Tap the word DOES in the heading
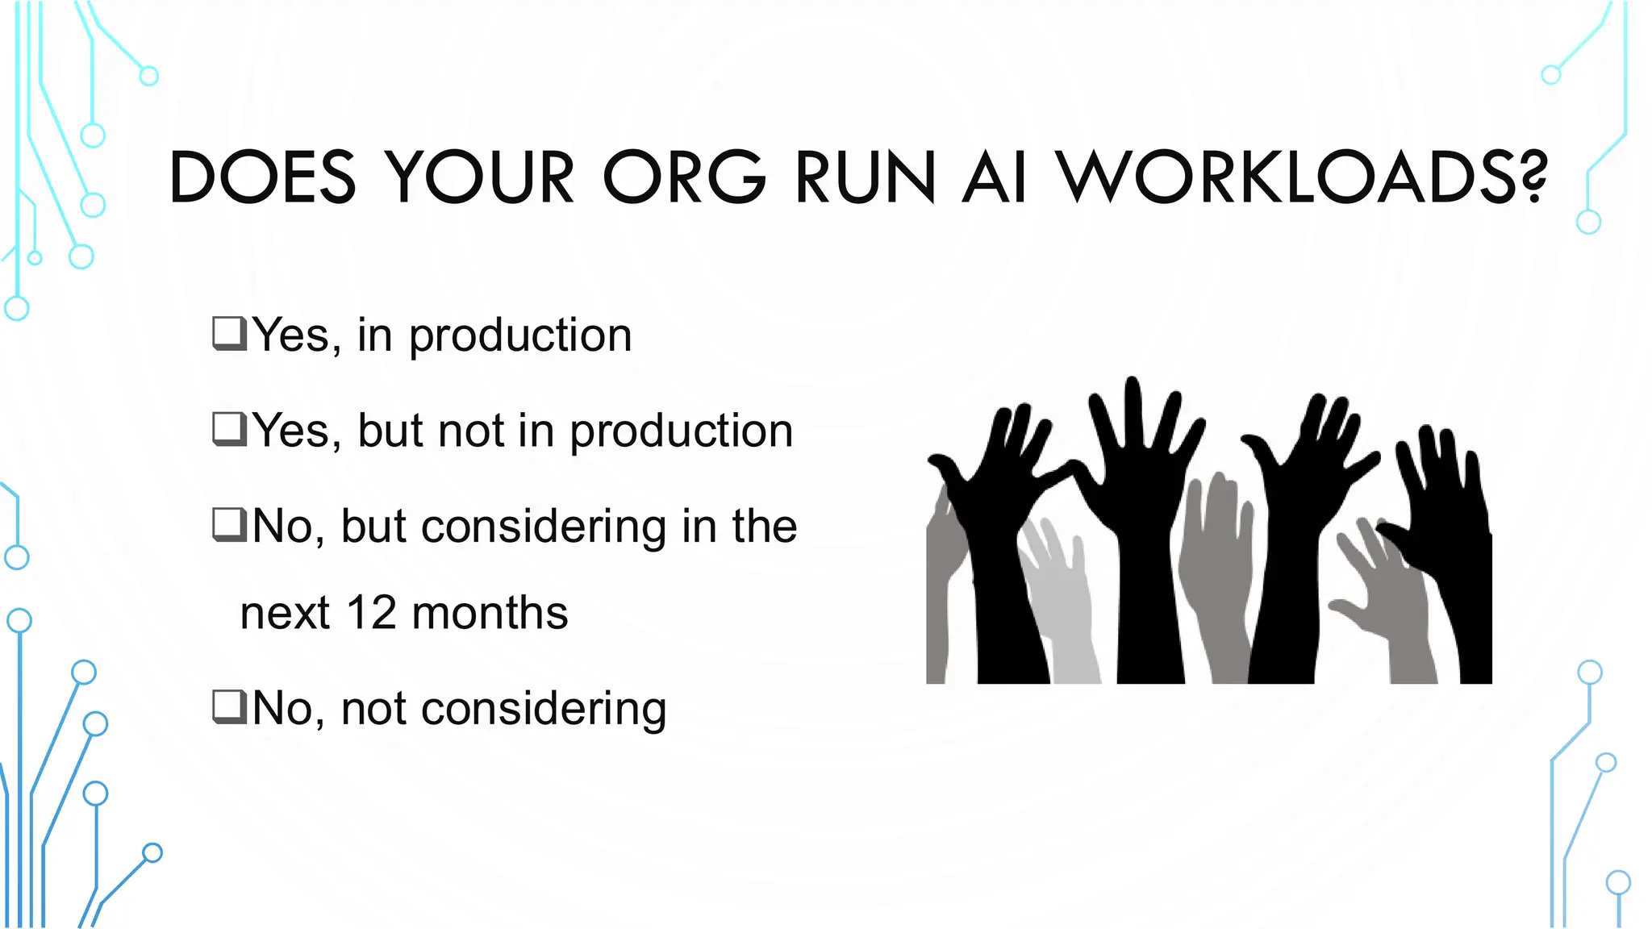pos(263,177)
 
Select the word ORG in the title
pos(685,177)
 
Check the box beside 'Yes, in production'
pos(229,333)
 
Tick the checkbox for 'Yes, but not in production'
pos(229,428)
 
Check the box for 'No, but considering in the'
pos(229,524)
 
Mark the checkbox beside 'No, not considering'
pos(229,706)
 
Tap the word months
pos(490,613)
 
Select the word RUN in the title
pos(866,177)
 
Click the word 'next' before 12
pos(285,614)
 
